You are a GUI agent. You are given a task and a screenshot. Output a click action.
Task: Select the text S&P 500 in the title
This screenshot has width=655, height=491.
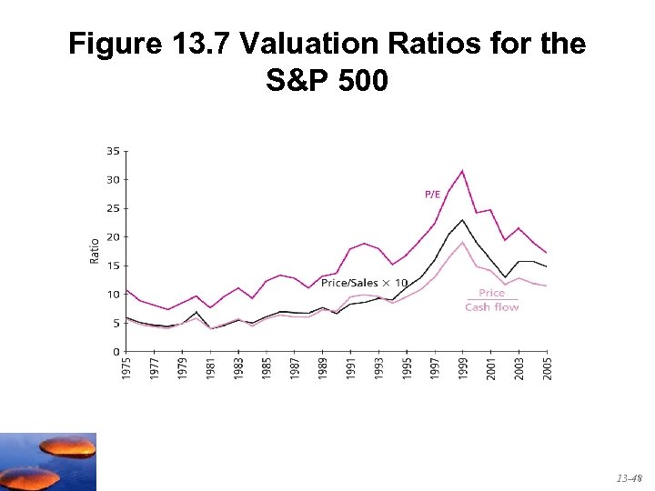click(327, 81)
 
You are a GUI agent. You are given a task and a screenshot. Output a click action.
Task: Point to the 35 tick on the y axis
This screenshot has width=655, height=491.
click(113, 151)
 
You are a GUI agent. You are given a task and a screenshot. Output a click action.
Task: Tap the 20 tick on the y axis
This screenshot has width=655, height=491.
click(113, 236)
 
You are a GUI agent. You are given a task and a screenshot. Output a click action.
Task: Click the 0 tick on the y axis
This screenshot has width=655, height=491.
click(116, 351)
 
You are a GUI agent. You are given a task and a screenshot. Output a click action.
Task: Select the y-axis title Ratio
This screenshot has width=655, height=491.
click(95, 251)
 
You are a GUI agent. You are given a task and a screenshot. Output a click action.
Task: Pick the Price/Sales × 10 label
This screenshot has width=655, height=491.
click(364, 284)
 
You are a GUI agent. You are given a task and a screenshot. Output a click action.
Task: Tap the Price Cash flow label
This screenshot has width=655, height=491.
click(491, 300)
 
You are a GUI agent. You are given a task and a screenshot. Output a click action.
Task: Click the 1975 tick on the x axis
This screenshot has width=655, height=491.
click(126, 367)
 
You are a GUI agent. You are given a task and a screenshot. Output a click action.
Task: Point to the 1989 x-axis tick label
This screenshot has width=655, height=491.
click(323, 367)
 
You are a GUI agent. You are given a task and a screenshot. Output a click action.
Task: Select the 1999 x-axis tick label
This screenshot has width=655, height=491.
click(464, 367)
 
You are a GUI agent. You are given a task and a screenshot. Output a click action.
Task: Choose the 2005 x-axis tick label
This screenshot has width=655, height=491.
click(547, 367)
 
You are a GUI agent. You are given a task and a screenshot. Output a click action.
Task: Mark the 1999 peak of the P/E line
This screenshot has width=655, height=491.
click(463, 171)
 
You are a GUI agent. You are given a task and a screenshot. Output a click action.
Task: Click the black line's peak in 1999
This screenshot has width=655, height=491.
click(463, 220)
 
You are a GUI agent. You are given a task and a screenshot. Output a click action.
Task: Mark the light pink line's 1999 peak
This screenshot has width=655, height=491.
click(463, 242)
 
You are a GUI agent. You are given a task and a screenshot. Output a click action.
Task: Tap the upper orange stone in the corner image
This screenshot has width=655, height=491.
click(67, 446)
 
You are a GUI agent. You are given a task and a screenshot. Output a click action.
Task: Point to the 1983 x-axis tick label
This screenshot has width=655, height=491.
click(238, 367)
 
